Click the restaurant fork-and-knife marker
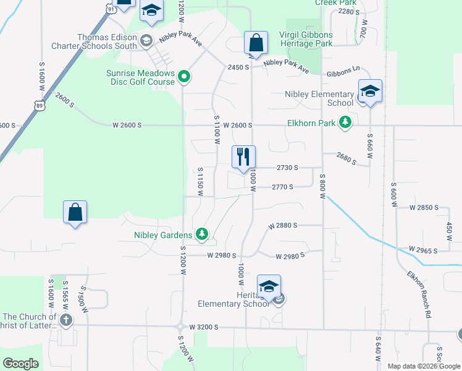point(243,156)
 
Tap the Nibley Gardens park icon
point(201,234)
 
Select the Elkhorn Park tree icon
point(346,122)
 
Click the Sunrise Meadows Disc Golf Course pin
point(183,77)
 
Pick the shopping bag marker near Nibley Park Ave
point(256,44)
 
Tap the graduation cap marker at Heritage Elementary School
point(269,287)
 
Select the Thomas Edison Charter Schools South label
point(94,41)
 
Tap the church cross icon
point(66,320)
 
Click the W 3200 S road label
point(204,326)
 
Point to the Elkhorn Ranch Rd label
point(419,293)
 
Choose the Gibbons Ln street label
point(343,72)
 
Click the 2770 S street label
point(282,187)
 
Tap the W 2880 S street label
point(283,226)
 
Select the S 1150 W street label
point(200,181)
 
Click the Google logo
point(21,364)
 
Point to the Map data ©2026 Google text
point(424,366)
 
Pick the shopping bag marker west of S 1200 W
point(75,213)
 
